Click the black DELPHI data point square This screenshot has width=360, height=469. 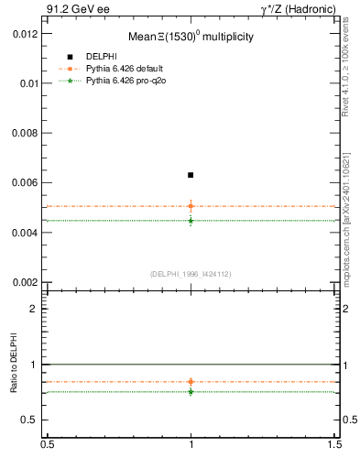191,175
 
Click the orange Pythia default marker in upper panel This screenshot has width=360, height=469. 191,206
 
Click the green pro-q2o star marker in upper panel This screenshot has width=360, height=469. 191,220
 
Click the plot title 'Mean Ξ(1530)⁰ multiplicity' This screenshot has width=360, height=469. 191,37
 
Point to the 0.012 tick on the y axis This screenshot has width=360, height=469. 25,33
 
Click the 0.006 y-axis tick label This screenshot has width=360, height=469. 25,182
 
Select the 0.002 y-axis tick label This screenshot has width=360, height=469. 25,282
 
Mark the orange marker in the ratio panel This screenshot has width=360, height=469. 191,381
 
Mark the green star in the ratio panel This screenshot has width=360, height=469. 191,391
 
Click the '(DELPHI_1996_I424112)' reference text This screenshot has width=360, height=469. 191,273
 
